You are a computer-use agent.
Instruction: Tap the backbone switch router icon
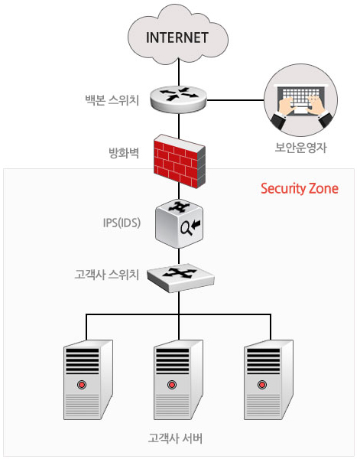click(178, 99)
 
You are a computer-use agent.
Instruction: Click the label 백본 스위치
click(112, 100)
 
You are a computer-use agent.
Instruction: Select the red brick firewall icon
click(180, 161)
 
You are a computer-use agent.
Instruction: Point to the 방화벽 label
click(124, 153)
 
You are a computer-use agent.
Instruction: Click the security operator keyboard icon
click(300, 100)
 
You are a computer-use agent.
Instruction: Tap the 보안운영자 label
click(300, 148)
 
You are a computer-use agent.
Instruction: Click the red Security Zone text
click(300, 188)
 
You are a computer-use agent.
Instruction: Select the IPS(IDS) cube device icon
click(179, 223)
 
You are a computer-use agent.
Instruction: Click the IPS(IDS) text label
click(122, 223)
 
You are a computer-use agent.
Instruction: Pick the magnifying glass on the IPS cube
click(186, 228)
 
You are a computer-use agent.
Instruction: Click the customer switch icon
click(180, 278)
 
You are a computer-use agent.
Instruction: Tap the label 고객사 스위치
click(106, 275)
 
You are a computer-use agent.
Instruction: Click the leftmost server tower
click(88, 379)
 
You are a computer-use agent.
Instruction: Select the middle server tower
click(178, 379)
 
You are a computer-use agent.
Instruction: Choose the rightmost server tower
click(268, 379)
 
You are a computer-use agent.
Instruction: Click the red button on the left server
click(82, 384)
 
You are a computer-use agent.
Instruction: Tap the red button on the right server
click(262, 384)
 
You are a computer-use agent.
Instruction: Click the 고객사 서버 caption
click(175, 438)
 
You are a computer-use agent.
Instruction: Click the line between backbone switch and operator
click(235, 100)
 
